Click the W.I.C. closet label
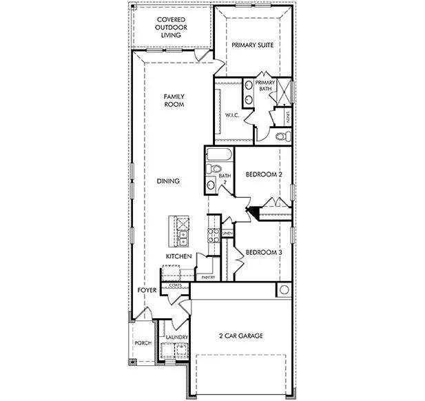(232, 115)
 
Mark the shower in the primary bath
(285, 92)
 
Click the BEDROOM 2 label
(264, 175)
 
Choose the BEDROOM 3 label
(264, 252)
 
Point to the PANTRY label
(209, 278)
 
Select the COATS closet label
(174, 285)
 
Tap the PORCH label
(143, 343)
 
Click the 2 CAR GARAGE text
(240, 336)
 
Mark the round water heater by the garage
(283, 290)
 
